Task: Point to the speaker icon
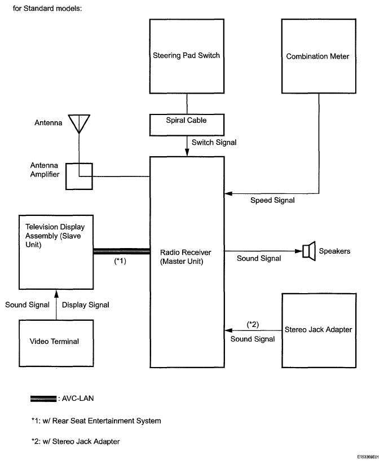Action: point(309,251)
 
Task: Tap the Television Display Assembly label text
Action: point(55,236)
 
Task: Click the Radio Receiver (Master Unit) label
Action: point(186,257)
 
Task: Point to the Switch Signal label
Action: point(214,142)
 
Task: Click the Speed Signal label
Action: point(272,200)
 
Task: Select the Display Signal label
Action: point(86,305)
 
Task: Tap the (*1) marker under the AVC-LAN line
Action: point(120,261)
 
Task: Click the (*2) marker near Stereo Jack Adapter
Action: point(253,325)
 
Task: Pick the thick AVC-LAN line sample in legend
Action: point(43,399)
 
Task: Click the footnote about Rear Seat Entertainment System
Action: point(96,421)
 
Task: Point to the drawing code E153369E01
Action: point(368,457)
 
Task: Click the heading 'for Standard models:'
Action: point(47,8)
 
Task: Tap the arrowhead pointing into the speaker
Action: point(298,251)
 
